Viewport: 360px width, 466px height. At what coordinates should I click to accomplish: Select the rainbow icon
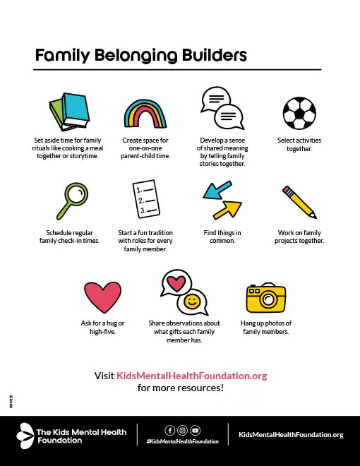[x=145, y=114]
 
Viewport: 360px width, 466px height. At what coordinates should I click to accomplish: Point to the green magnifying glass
[x=68, y=200]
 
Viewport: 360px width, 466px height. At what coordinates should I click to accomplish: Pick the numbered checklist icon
[x=145, y=201]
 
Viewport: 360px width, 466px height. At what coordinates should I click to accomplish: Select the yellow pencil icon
[x=299, y=202]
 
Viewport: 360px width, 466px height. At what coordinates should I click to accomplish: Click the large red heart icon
[x=103, y=297]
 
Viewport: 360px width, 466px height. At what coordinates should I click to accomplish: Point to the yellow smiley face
[x=192, y=303]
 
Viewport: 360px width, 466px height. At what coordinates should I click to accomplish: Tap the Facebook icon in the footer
[x=169, y=429]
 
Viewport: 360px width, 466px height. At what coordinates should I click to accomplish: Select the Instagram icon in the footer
[x=182, y=429]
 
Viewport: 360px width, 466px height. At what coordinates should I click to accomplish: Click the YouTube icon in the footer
[x=195, y=429]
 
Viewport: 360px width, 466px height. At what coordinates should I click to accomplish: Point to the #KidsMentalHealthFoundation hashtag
[x=182, y=441]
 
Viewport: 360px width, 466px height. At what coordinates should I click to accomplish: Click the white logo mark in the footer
[x=25, y=434]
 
